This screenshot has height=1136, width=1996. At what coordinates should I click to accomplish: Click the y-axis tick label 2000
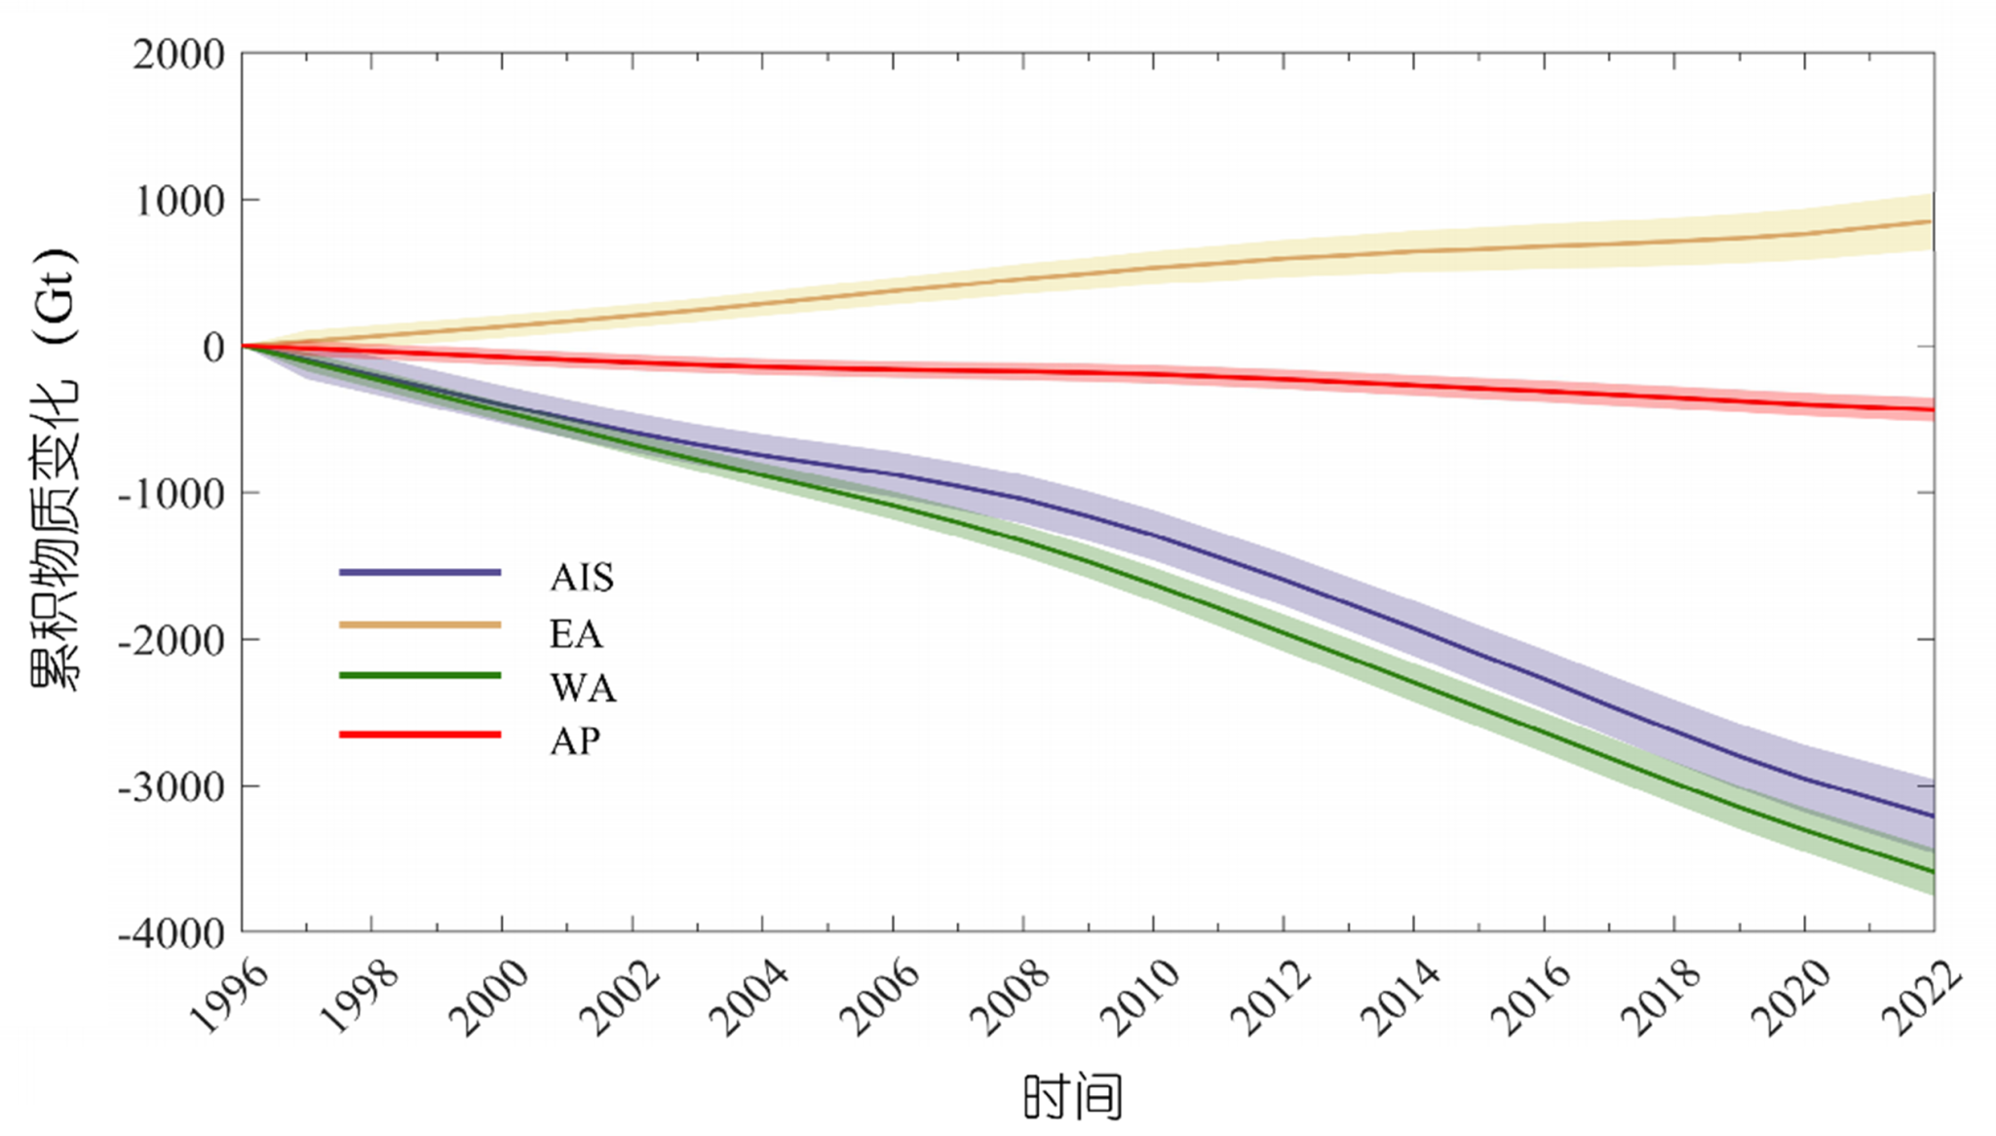tap(178, 56)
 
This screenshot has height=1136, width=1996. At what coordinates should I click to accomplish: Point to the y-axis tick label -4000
tap(172, 933)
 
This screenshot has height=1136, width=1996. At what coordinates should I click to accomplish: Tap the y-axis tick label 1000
tap(178, 202)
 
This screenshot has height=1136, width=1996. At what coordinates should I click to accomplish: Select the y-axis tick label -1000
tap(172, 494)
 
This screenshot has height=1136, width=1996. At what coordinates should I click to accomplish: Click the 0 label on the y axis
tap(213, 348)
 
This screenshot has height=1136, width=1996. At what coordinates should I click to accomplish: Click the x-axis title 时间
tap(1073, 1098)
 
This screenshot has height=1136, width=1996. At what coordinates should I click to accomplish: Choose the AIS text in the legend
tap(582, 577)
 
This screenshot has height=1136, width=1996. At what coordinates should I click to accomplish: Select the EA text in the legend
tap(576, 633)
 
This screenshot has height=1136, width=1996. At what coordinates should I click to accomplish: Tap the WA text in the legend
tap(583, 688)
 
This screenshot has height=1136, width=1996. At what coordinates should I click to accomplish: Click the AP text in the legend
tap(575, 741)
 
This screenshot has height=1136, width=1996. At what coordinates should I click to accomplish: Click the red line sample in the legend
tap(420, 734)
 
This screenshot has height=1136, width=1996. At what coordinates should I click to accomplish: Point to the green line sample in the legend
tap(420, 675)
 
